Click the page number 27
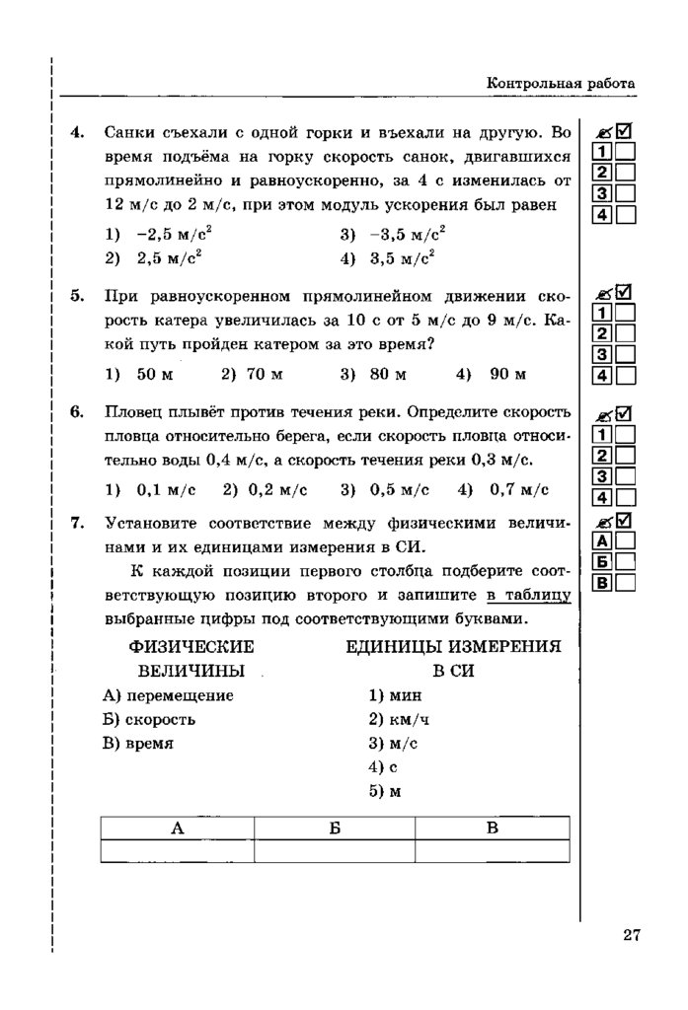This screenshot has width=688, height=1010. (x=632, y=935)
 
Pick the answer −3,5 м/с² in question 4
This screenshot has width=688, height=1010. (x=407, y=234)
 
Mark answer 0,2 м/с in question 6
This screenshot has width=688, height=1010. (x=278, y=489)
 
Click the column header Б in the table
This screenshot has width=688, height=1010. (x=335, y=829)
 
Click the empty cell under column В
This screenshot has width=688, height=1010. (x=493, y=850)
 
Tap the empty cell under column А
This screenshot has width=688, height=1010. (x=178, y=850)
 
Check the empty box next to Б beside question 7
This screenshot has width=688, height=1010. (x=626, y=561)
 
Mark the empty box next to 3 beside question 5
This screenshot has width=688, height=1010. (x=626, y=353)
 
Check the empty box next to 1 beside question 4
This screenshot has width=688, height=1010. (x=626, y=152)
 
